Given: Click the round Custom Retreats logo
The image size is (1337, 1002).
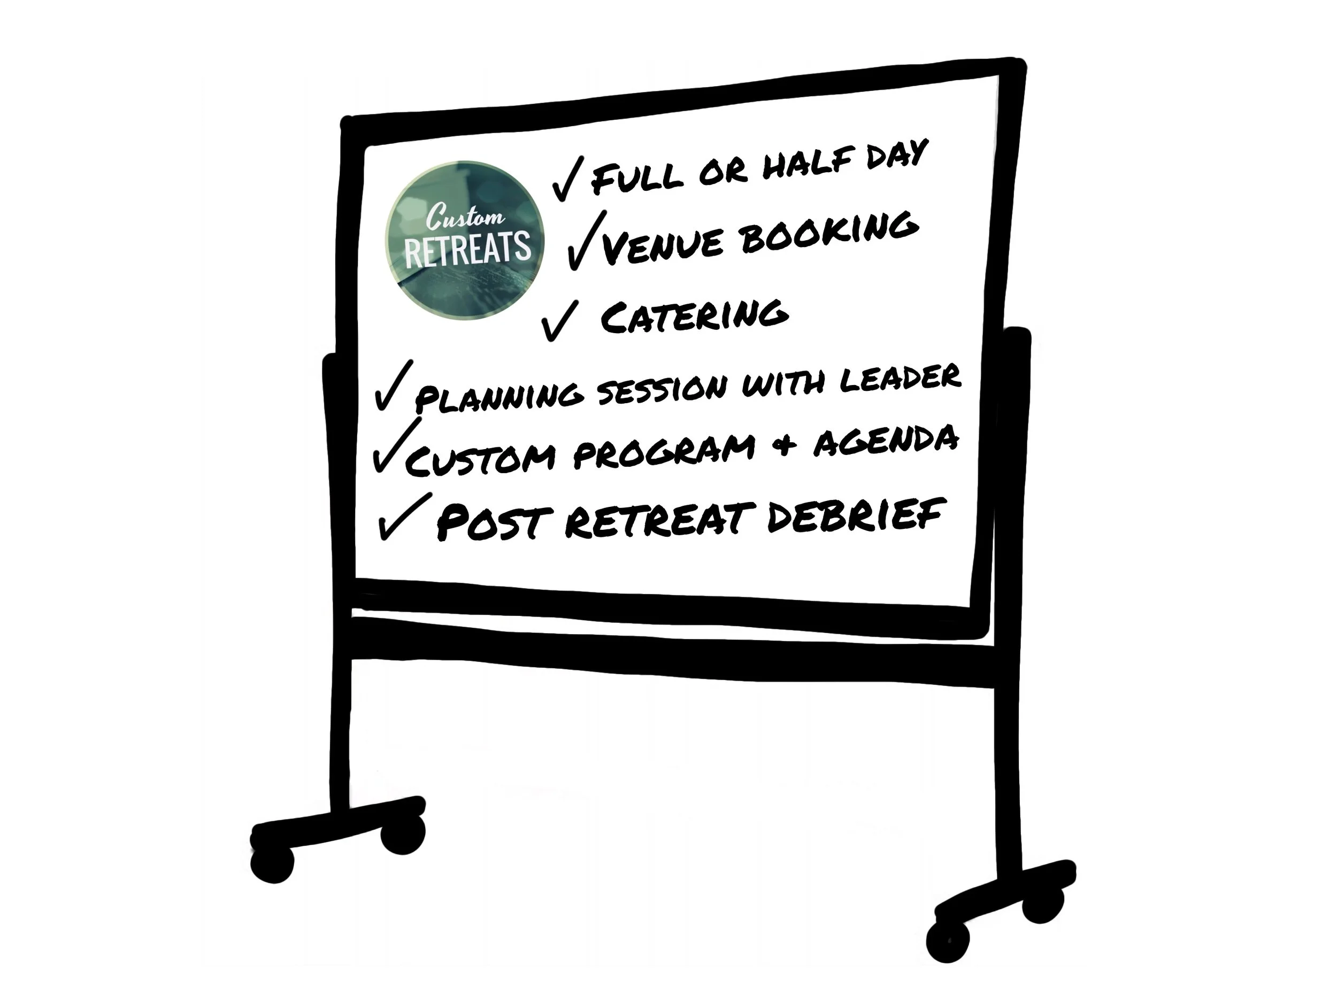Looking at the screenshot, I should (x=464, y=240).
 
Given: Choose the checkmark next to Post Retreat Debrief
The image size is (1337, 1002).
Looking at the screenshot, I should (x=402, y=517).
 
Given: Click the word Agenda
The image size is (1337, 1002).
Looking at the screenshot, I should (x=886, y=440).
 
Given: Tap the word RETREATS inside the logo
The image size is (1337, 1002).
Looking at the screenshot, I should (x=467, y=248).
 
